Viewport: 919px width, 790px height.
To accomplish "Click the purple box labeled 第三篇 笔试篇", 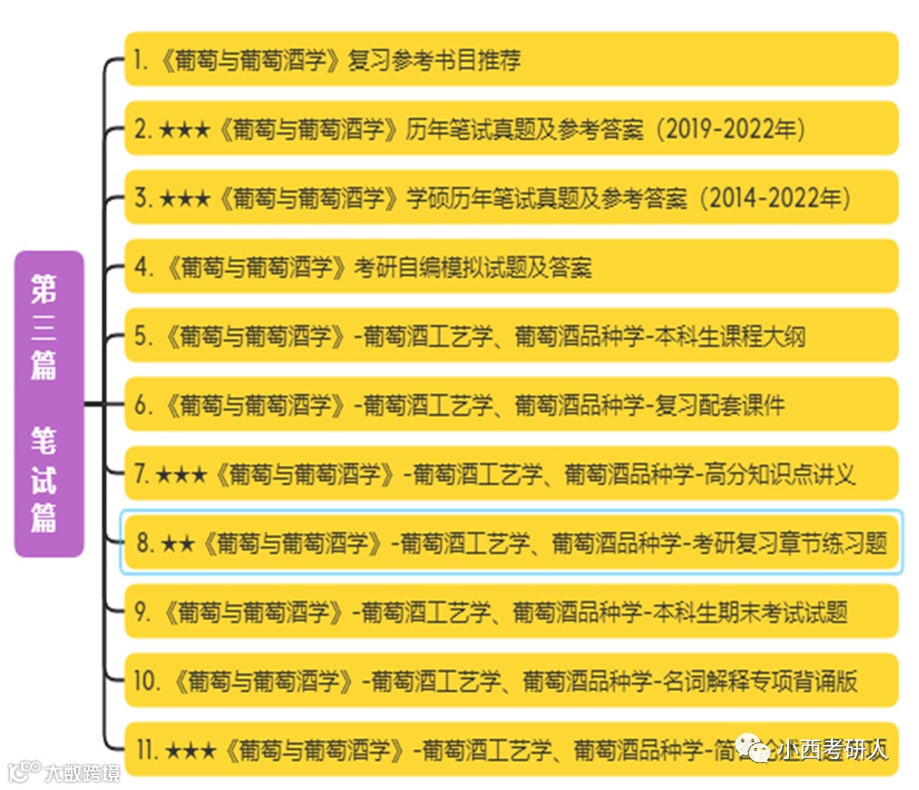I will pyautogui.click(x=49, y=403).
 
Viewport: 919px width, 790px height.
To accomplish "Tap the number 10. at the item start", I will pyautogui.click(x=147, y=681).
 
